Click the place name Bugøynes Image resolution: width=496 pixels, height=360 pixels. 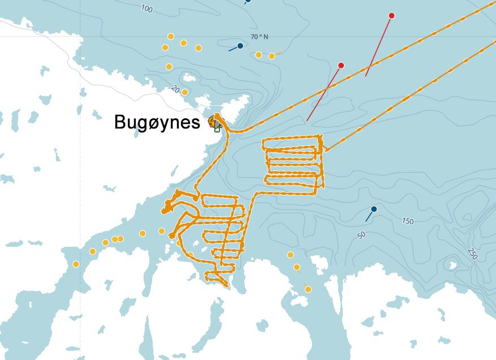(x=157, y=122)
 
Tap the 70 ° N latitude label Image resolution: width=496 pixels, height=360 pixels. (x=260, y=37)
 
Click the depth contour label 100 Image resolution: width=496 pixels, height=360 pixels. (x=146, y=8)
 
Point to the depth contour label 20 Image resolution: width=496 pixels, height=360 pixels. (x=175, y=89)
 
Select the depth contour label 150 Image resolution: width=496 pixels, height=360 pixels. (x=408, y=221)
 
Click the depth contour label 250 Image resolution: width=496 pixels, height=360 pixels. (x=472, y=253)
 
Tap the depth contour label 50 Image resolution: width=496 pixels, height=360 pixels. (x=362, y=235)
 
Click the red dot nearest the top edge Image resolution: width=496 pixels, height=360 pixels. (x=391, y=16)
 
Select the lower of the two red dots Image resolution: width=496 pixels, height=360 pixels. (x=341, y=66)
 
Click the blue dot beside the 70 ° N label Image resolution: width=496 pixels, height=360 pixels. (x=240, y=46)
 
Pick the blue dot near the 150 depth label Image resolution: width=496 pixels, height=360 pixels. (x=374, y=209)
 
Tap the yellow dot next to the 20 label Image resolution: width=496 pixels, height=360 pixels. (x=185, y=92)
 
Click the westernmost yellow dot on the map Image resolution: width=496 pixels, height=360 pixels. (x=76, y=264)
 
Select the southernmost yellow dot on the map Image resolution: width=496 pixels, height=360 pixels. (x=308, y=289)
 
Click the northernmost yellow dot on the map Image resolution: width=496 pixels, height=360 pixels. (x=171, y=36)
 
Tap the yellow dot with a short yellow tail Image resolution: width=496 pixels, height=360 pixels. (x=272, y=56)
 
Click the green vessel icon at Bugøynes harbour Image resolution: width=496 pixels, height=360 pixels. (x=217, y=128)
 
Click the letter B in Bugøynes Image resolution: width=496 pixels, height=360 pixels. (x=120, y=122)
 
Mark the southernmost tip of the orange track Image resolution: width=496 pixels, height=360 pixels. (x=227, y=286)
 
